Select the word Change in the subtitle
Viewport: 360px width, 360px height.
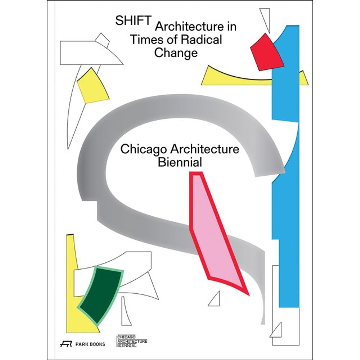coord(176,53)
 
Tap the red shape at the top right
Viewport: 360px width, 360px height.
coord(267,51)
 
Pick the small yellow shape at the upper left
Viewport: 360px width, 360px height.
coord(93,86)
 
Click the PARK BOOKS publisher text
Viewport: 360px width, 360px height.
coord(91,344)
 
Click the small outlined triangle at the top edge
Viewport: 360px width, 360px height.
coord(265,16)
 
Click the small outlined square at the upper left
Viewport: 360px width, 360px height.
coord(103,40)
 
